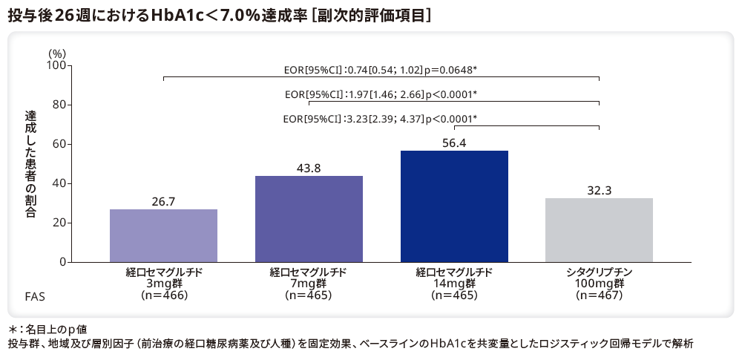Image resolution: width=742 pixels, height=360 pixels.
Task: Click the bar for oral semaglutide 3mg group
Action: point(163,235)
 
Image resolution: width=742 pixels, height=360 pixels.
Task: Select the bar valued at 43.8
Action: point(309,219)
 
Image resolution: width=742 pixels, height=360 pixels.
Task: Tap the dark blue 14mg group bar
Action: point(454,206)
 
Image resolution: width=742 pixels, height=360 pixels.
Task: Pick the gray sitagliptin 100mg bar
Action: point(599,230)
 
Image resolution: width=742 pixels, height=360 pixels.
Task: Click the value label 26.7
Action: point(163,201)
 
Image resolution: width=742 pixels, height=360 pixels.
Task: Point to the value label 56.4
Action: point(454,143)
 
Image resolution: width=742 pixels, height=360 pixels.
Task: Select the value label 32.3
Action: point(599,190)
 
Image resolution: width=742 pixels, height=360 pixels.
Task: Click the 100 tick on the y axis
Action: point(56,65)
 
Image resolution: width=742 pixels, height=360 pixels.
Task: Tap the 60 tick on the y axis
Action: point(59,144)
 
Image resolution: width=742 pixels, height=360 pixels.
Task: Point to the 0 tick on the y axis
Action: point(62,262)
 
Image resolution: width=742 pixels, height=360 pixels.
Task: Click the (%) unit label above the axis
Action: point(57,53)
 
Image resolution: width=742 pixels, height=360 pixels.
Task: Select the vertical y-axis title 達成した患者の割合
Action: point(30,163)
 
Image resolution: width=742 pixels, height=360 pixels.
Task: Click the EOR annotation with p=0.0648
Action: point(380,70)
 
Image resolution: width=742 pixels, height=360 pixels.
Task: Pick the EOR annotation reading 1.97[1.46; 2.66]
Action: point(381,94)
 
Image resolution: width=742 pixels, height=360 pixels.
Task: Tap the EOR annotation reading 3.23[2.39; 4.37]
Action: point(380,119)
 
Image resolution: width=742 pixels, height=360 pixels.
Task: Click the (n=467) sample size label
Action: point(599,295)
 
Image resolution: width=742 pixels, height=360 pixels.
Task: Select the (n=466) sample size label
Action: point(163,295)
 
